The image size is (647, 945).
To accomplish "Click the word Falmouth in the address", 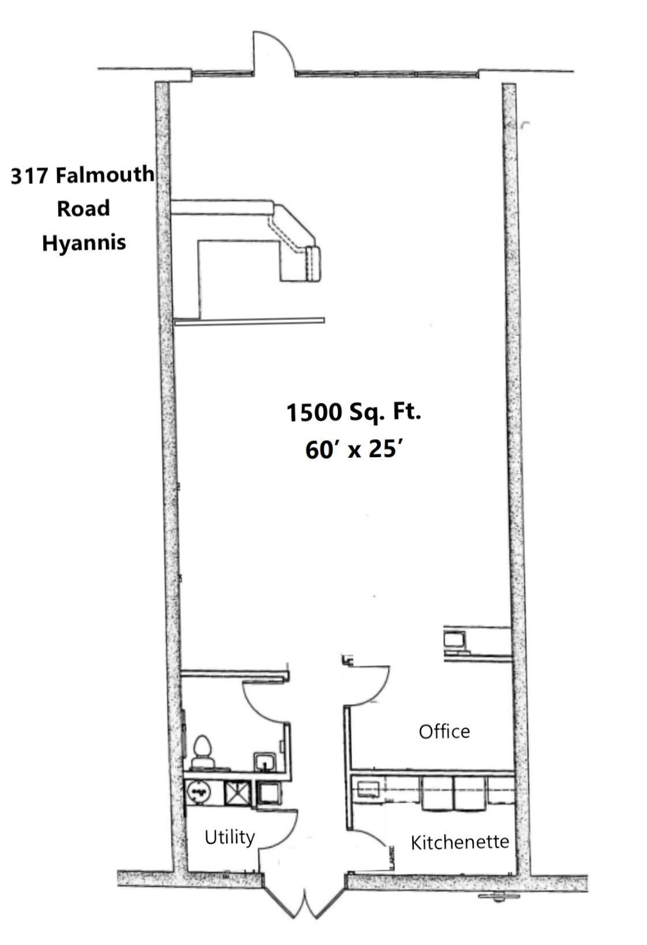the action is [x=104, y=175].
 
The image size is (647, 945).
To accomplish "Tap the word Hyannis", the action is [x=84, y=243].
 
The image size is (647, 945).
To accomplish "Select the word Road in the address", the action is [x=84, y=208].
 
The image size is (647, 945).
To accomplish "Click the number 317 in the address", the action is [x=29, y=175].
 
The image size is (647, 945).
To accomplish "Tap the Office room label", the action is [x=444, y=732].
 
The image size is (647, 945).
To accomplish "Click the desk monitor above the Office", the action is [x=454, y=639].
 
